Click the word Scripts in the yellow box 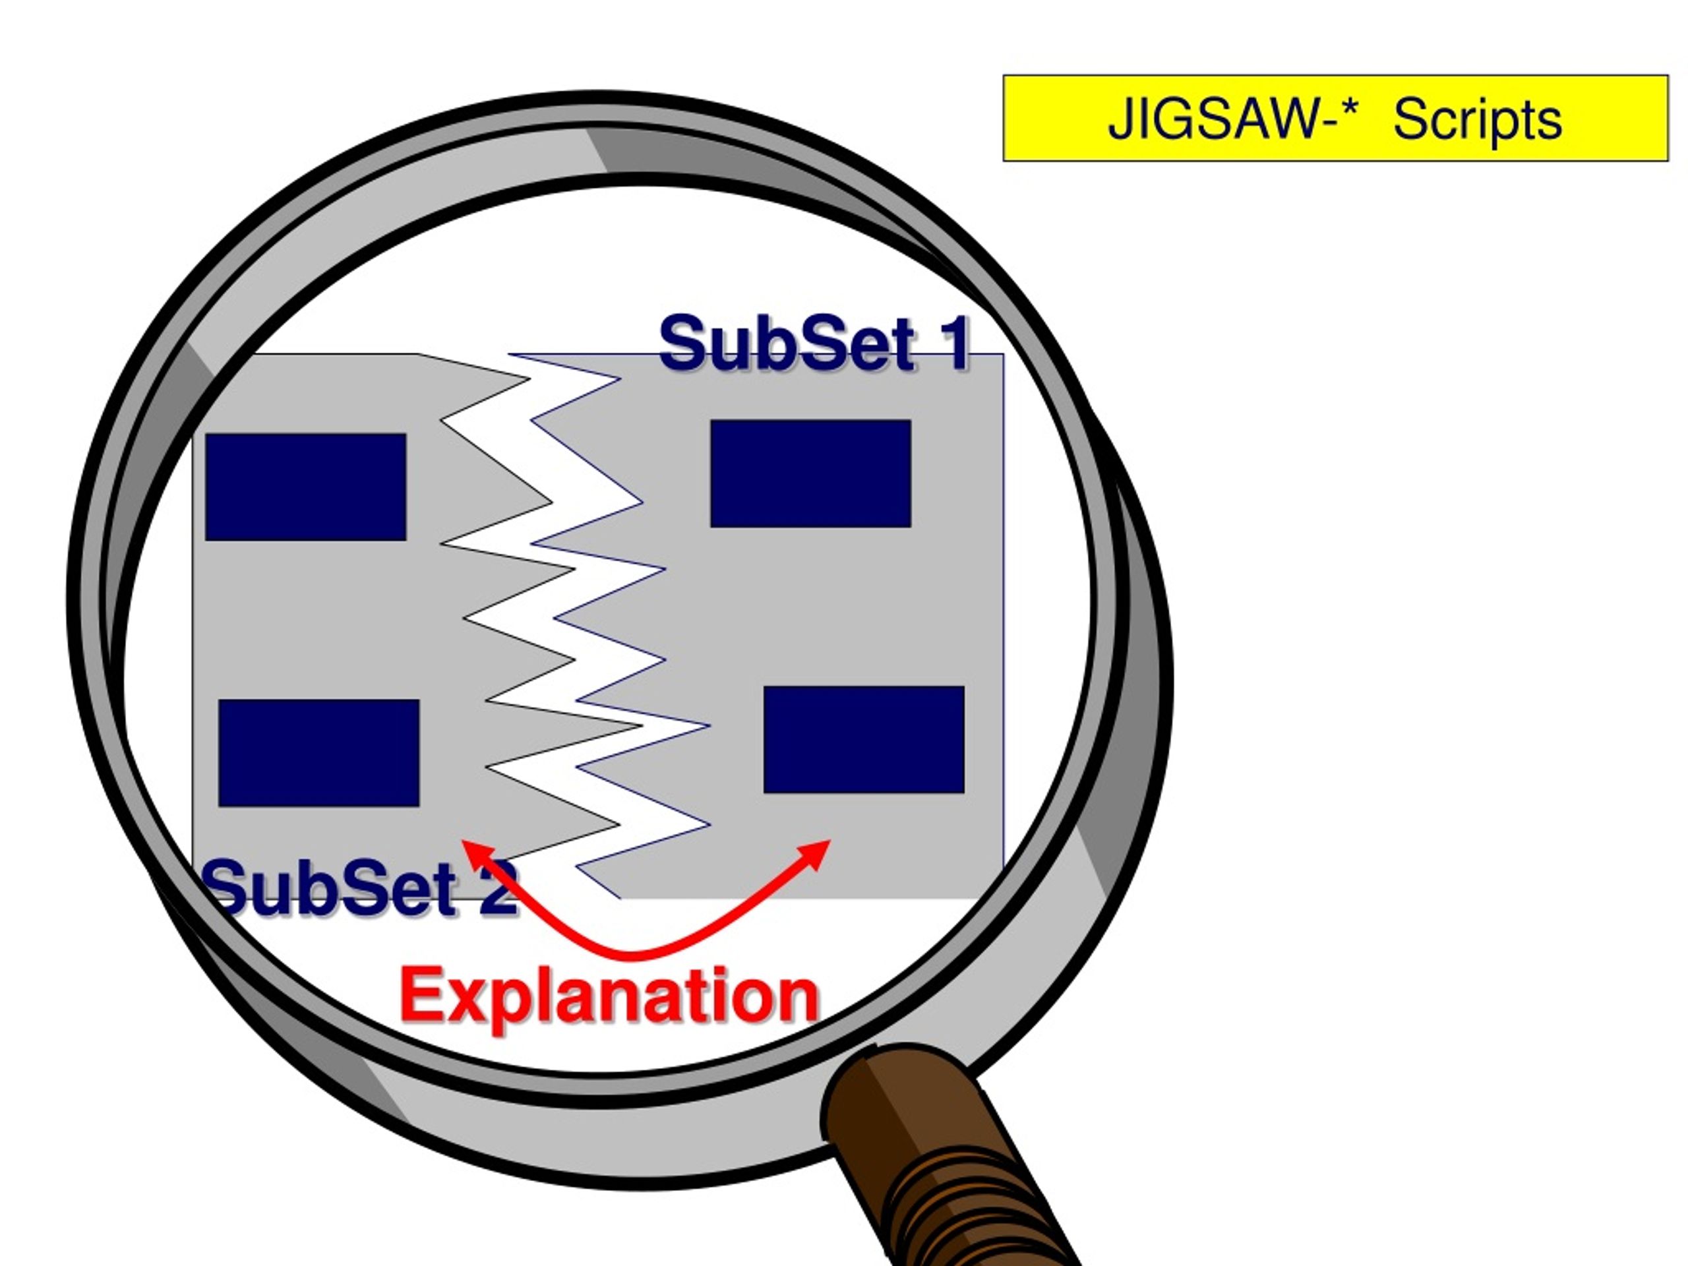[1478, 120]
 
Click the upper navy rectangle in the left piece [305, 487]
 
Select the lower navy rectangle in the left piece [318, 752]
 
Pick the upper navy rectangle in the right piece [810, 473]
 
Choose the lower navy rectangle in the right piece [864, 738]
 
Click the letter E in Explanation [424, 995]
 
